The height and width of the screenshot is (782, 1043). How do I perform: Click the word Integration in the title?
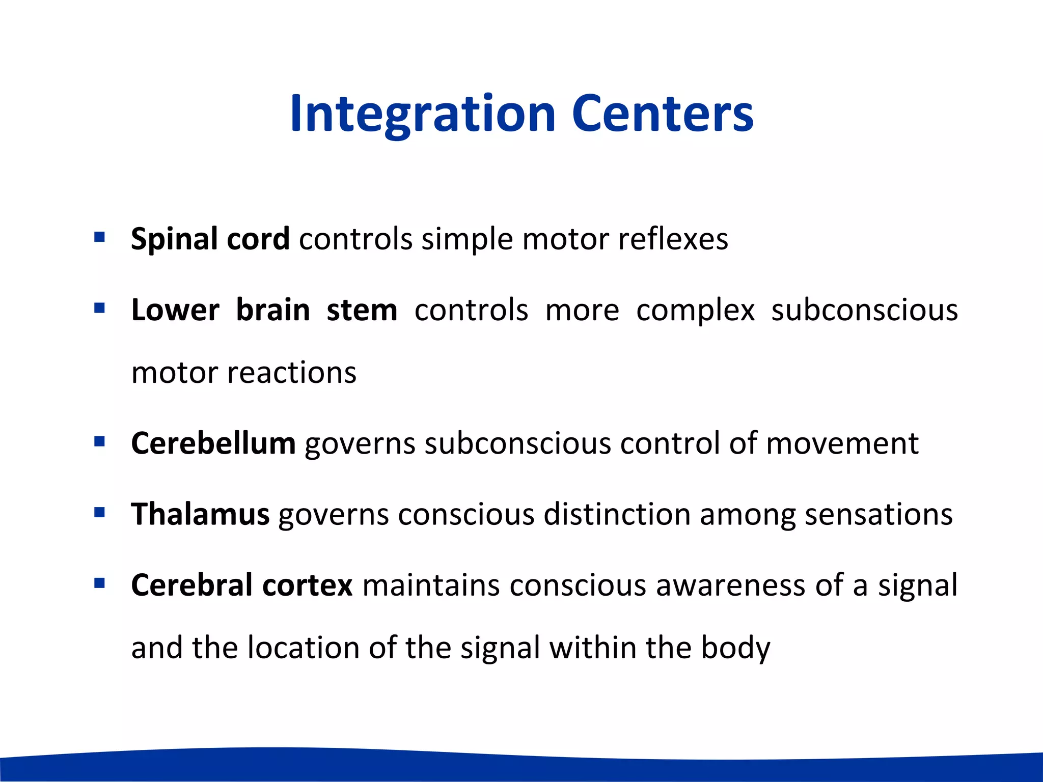pyautogui.click(x=423, y=114)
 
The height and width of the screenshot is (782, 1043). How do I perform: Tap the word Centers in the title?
pyautogui.click(x=662, y=114)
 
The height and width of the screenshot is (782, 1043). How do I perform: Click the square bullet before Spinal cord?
pyautogui.click(x=99, y=237)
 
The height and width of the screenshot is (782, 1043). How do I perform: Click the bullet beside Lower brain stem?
pyautogui.click(x=99, y=308)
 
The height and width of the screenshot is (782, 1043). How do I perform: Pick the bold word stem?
pyautogui.click(x=362, y=310)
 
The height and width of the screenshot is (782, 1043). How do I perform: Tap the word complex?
pyautogui.click(x=695, y=310)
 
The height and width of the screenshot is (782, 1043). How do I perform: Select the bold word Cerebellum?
pyautogui.click(x=213, y=443)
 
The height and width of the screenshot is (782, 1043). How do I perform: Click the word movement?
pyautogui.click(x=842, y=443)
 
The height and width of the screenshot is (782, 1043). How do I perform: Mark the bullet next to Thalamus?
pyautogui.click(x=99, y=512)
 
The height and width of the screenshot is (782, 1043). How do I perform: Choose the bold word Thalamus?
pyautogui.click(x=200, y=514)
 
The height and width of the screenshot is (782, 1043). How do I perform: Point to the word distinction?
pyautogui.click(x=617, y=514)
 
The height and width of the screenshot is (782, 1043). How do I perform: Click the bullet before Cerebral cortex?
pyautogui.click(x=99, y=583)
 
